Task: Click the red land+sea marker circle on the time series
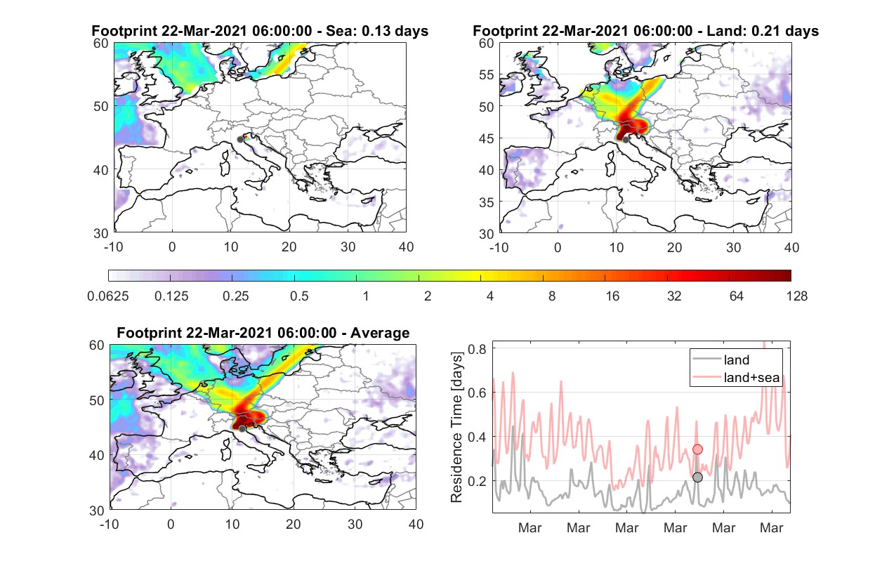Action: coord(697,449)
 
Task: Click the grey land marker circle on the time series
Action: coord(697,478)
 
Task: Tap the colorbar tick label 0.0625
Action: coord(108,296)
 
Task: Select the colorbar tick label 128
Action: coord(796,296)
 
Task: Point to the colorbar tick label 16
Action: coord(612,296)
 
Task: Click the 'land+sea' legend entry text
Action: coord(751,378)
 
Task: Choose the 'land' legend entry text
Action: coord(737,360)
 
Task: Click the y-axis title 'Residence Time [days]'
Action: coord(456,428)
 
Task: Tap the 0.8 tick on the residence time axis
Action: coord(477,349)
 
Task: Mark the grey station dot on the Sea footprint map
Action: coord(240,140)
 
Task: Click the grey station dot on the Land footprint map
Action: coord(626,140)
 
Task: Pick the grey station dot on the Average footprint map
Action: coord(242,429)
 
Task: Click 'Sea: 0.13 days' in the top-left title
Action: coord(377,31)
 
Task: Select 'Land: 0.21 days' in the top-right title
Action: coord(763,31)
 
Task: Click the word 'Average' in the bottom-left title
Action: coord(380,333)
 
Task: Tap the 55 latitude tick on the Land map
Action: coord(487,74)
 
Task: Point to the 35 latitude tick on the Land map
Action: coord(487,202)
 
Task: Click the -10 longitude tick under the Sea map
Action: coord(113,247)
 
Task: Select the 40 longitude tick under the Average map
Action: coord(416,524)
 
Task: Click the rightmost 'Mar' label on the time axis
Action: coord(772,528)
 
